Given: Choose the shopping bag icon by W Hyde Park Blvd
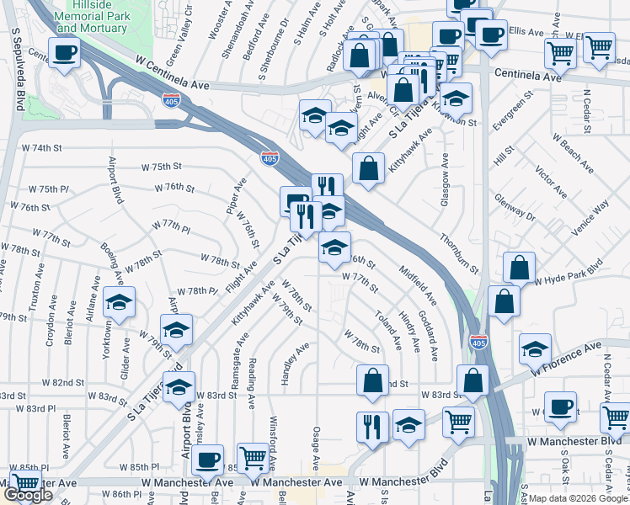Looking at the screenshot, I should pyautogui.click(x=520, y=268).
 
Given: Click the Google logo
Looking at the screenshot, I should pyautogui.click(x=27, y=495).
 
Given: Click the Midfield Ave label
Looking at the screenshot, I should pyautogui.click(x=418, y=285).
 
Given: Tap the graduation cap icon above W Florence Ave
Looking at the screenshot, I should pyautogui.click(x=535, y=348).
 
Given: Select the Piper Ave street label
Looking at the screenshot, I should pyautogui.click(x=236, y=195).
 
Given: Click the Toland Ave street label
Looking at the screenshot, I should pyautogui.click(x=389, y=329).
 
